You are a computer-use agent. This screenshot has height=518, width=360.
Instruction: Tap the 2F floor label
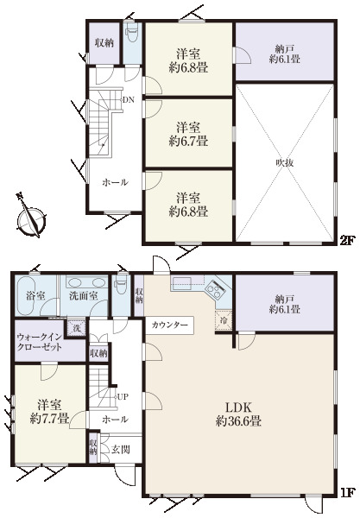pos(347,241)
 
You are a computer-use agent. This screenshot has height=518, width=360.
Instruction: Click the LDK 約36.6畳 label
pos(239,414)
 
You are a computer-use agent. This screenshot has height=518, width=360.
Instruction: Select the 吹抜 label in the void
pos(285,163)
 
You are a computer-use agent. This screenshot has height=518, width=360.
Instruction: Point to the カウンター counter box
pos(169,325)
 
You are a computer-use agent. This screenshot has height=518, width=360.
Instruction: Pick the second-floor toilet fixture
pos(132,33)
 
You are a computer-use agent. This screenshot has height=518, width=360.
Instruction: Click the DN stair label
pos(129,99)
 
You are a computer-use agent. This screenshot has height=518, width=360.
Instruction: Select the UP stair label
pos(123,397)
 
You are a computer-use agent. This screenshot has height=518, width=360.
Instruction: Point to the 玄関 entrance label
pos(120,450)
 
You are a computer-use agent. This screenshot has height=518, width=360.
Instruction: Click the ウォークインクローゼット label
pos(40,342)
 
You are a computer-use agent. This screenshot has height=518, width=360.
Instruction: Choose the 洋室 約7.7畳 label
pos(49,412)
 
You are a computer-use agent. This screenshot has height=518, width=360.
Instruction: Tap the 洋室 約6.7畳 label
pos(188,134)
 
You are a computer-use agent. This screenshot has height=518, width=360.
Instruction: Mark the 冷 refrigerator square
pos(224,319)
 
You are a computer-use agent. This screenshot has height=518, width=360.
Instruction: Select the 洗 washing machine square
pos(76,328)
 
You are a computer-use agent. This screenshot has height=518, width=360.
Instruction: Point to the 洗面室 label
pos(84,296)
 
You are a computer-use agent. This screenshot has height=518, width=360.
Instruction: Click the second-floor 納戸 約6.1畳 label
pos(285,54)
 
